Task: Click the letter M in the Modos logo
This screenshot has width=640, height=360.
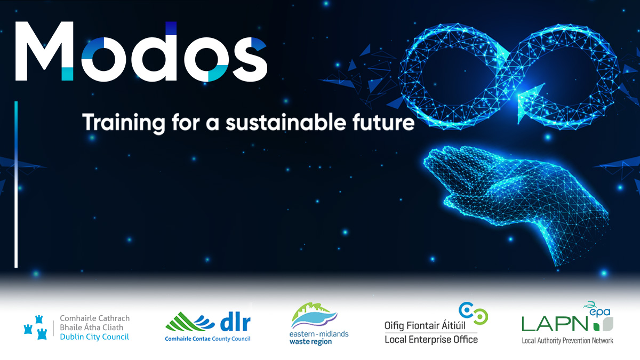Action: point(44,52)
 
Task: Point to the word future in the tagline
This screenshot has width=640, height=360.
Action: point(388,123)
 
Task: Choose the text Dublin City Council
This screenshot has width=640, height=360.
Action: point(94,337)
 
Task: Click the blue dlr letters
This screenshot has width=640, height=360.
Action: point(235,323)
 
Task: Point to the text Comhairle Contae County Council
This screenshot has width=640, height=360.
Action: point(207,339)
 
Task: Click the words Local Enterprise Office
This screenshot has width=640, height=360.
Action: point(431,340)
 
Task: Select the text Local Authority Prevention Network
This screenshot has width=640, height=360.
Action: point(567,340)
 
